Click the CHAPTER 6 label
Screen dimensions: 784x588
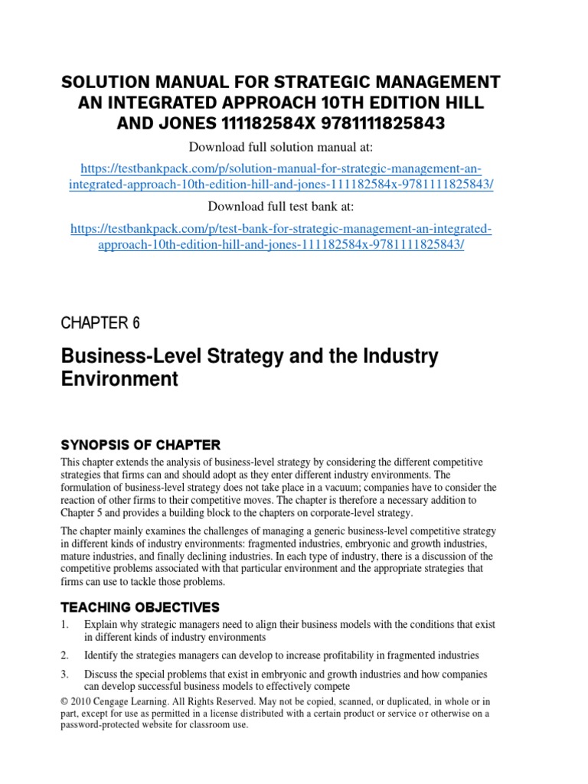pos(100,302)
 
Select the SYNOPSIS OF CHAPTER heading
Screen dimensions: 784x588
pos(140,445)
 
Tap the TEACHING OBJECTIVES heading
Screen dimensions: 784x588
pos(140,607)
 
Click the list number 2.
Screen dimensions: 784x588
pos(65,655)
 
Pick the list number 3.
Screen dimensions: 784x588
pos(65,675)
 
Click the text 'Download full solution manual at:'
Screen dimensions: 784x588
pos(293,147)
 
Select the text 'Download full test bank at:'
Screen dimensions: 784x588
pos(293,207)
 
